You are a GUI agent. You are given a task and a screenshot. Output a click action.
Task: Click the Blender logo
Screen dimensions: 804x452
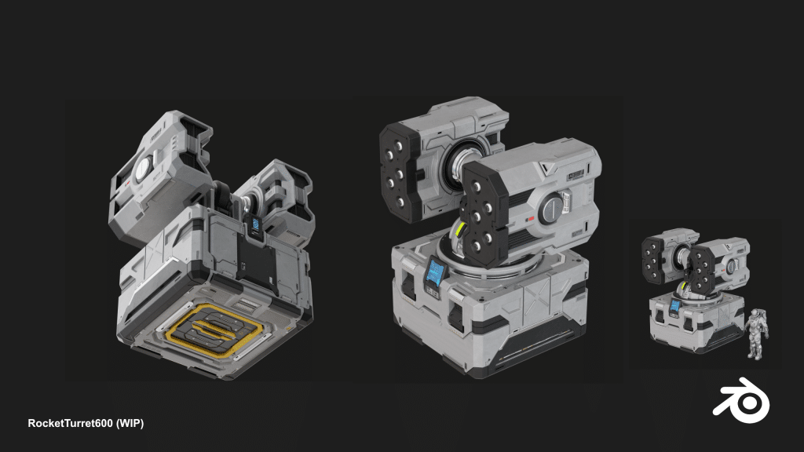742,400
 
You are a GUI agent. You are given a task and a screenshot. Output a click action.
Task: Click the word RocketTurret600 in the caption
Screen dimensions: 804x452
70,423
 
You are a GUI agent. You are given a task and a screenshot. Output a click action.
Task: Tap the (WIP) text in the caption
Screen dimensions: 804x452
130,423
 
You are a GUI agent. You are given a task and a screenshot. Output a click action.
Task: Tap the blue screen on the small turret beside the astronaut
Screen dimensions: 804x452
675,306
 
